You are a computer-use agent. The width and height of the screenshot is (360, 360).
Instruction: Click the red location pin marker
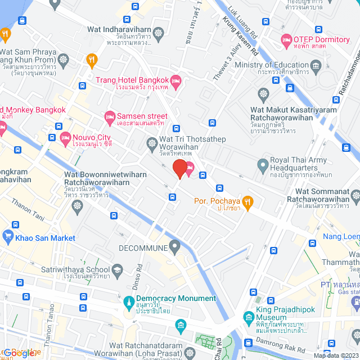tap(179, 168)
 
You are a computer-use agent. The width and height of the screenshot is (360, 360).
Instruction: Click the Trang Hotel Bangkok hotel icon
tap(175, 82)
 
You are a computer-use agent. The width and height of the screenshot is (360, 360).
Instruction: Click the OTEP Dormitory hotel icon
tap(286, 39)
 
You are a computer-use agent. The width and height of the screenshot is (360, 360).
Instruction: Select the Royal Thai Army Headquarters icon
tap(262, 165)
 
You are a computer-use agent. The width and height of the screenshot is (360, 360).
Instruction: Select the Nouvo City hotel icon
tap(65, 137)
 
